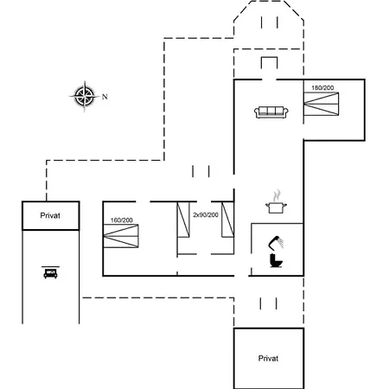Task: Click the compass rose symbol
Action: (x=85, y=96)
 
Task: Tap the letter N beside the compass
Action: (x=105, y=97)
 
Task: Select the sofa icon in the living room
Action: (x=271, y=112)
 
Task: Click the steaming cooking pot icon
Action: (x=276, y=201)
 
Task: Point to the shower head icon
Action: (x=276, y=243)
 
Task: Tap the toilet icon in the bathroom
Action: (x=276, y=260)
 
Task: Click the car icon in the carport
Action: (x=50, y=272)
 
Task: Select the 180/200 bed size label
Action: (x=322, y=88)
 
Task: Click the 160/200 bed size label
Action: (x=122, y=220)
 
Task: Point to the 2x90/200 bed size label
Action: (x=206, y=214)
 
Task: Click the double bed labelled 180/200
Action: (x=321, y=104)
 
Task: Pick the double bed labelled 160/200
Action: (x=121, y=236)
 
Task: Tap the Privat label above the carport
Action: (x=50, y=215)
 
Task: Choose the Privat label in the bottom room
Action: (x=268, y=359)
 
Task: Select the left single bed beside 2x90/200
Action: (x=183, y=220)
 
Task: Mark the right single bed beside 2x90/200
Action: (x=227, y=220)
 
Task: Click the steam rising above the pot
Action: (x=277, y=195)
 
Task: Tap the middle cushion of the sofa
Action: (x=271, y=111)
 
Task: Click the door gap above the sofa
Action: (x=269, y=80)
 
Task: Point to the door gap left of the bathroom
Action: (x=241, y=276)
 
